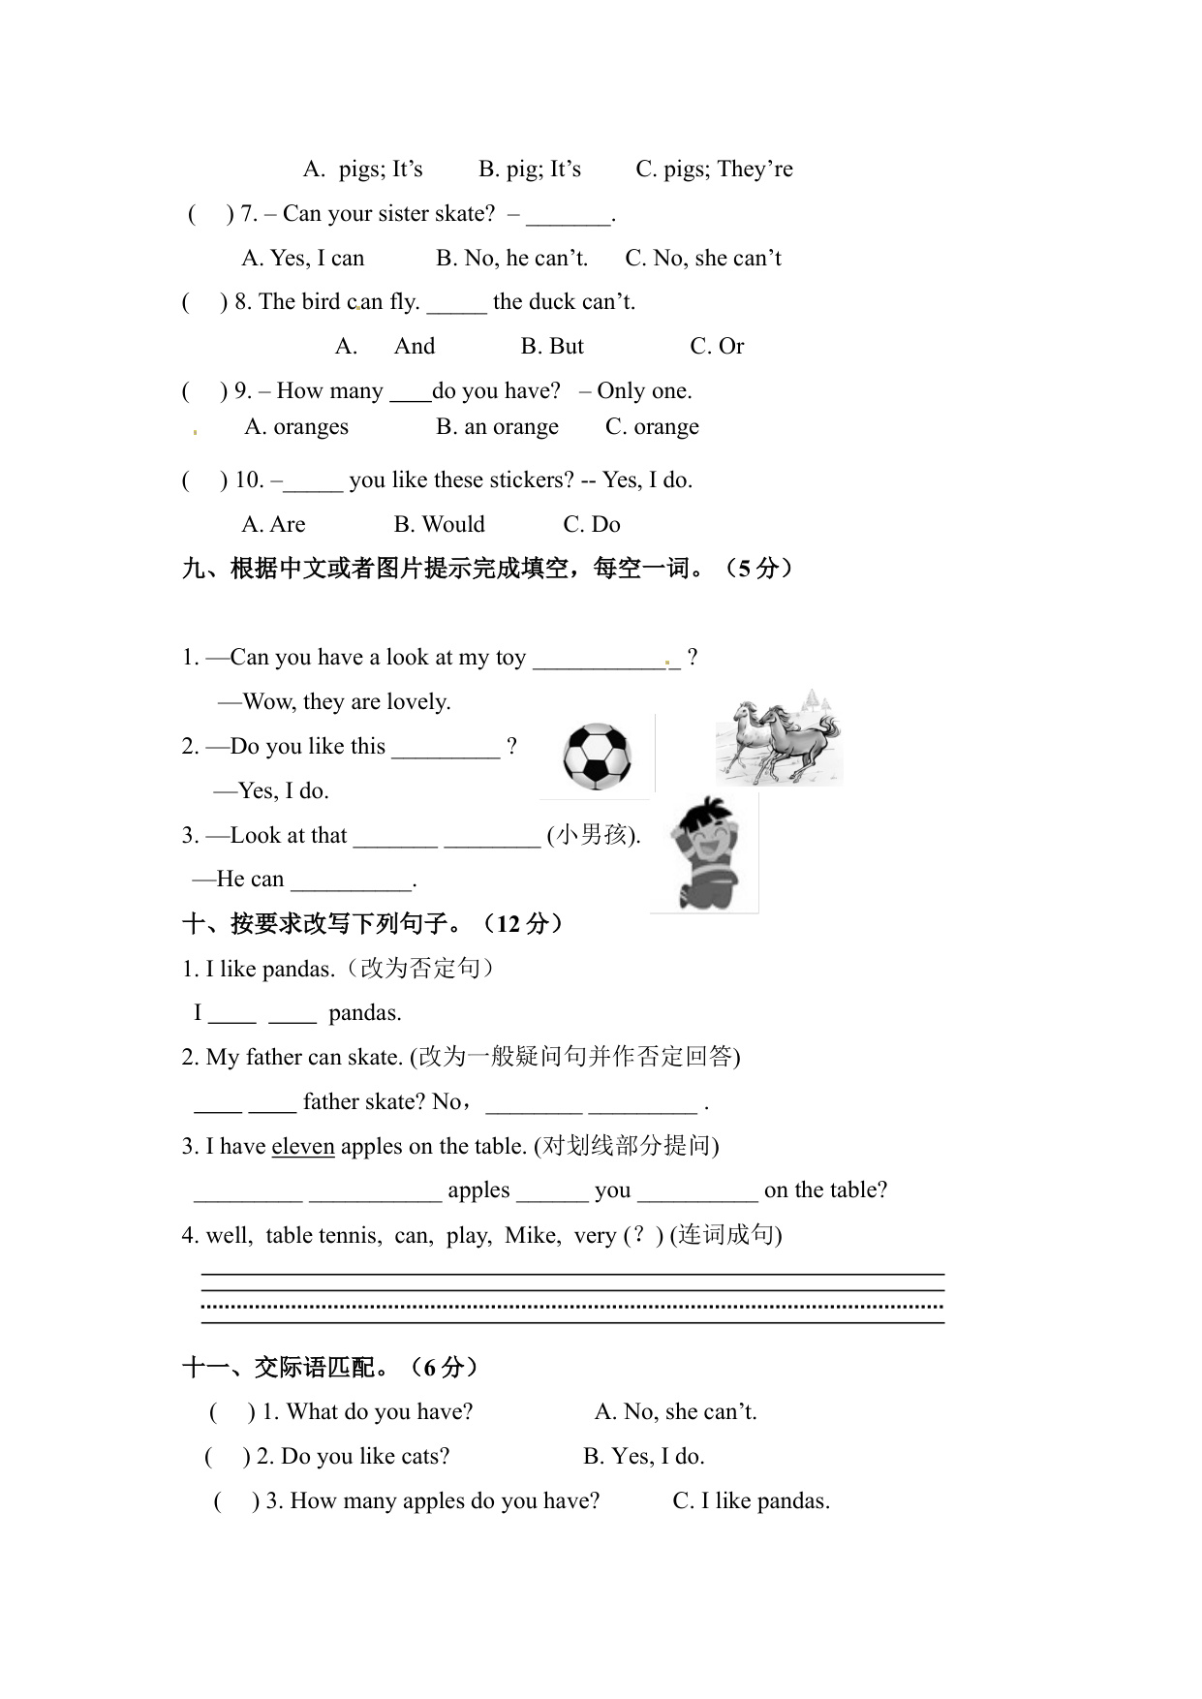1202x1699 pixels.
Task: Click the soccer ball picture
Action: pos(598,757)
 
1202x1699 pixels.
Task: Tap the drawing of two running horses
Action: pos(779,738)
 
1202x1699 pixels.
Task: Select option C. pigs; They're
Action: pos(714,170)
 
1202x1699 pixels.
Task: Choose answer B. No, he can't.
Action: pos(511,259)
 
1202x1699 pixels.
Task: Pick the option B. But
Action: pos(552,347)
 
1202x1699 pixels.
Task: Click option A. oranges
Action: pos(296,427)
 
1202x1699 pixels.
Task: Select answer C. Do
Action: pos(592,525)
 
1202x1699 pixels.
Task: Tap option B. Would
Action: pos(439,525)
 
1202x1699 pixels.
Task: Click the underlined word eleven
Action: pos(303,1147)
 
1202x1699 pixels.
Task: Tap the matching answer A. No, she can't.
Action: pos(675,1412)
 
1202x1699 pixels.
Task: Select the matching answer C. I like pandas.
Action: pos(751,1501)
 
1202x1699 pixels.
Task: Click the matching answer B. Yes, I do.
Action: pos(643,1457)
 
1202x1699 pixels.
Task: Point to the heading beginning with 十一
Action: pos(330,1368)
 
